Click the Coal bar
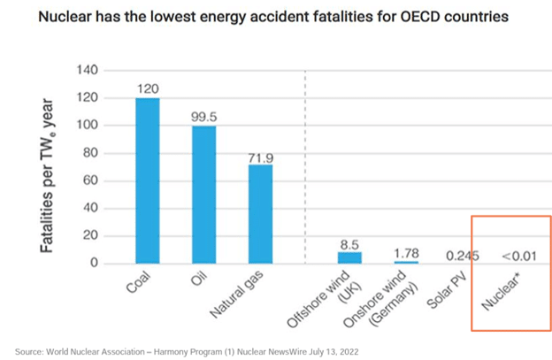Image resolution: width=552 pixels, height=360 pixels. pyautogui.click(x=148, y=180)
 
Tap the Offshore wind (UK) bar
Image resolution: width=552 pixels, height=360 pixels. pyautogui.click(x=350, y=257)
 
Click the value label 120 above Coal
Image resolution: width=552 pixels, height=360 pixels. pyautogui.click(x=148, y=89)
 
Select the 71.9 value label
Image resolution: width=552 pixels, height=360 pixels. pyautogui.click(x=261, y=156)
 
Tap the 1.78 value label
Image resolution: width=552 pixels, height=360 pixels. pyautogui.click(x=407, y=253)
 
